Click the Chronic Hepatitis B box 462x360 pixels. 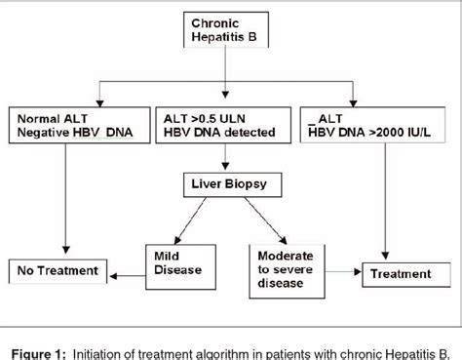[x=226, y=30]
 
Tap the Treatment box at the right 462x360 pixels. [x=396, y=274]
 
